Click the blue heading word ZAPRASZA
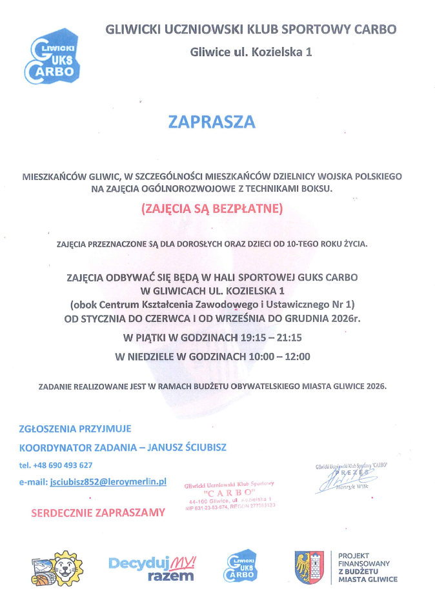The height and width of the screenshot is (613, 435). click(x=212, y=121)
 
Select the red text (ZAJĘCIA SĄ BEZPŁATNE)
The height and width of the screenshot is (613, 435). click(x=212, y=208)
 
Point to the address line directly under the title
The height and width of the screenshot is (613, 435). click(x=251, y=52)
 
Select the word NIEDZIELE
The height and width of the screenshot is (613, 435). click(x=156, y=356)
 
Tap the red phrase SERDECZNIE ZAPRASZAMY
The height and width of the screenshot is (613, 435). click(x=98, y=512)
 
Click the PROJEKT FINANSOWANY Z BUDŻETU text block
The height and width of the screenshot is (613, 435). click(x=367, y=567)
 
